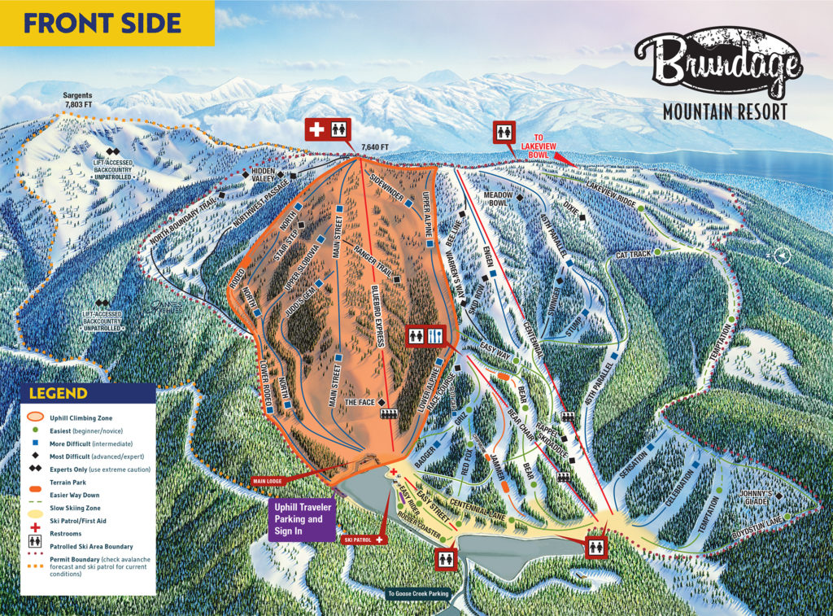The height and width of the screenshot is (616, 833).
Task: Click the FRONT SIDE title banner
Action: point(106,22)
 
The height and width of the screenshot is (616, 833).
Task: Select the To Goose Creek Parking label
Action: point(418,594)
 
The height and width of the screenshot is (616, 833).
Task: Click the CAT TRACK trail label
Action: point(634,255)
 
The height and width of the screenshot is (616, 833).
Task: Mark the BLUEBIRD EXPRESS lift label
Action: point(376,317)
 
